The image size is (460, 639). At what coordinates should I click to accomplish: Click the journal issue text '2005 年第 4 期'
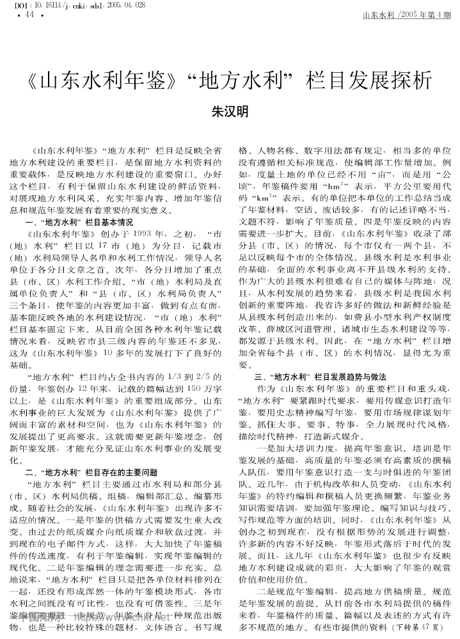coord(423,15)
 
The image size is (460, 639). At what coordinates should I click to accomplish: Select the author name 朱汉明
coord(230,111)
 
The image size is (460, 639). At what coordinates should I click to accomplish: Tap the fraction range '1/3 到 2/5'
coord(193,375)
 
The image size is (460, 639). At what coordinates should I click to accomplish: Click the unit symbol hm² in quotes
coord(333,186)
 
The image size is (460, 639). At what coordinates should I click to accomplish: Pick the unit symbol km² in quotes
coord(259,198)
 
